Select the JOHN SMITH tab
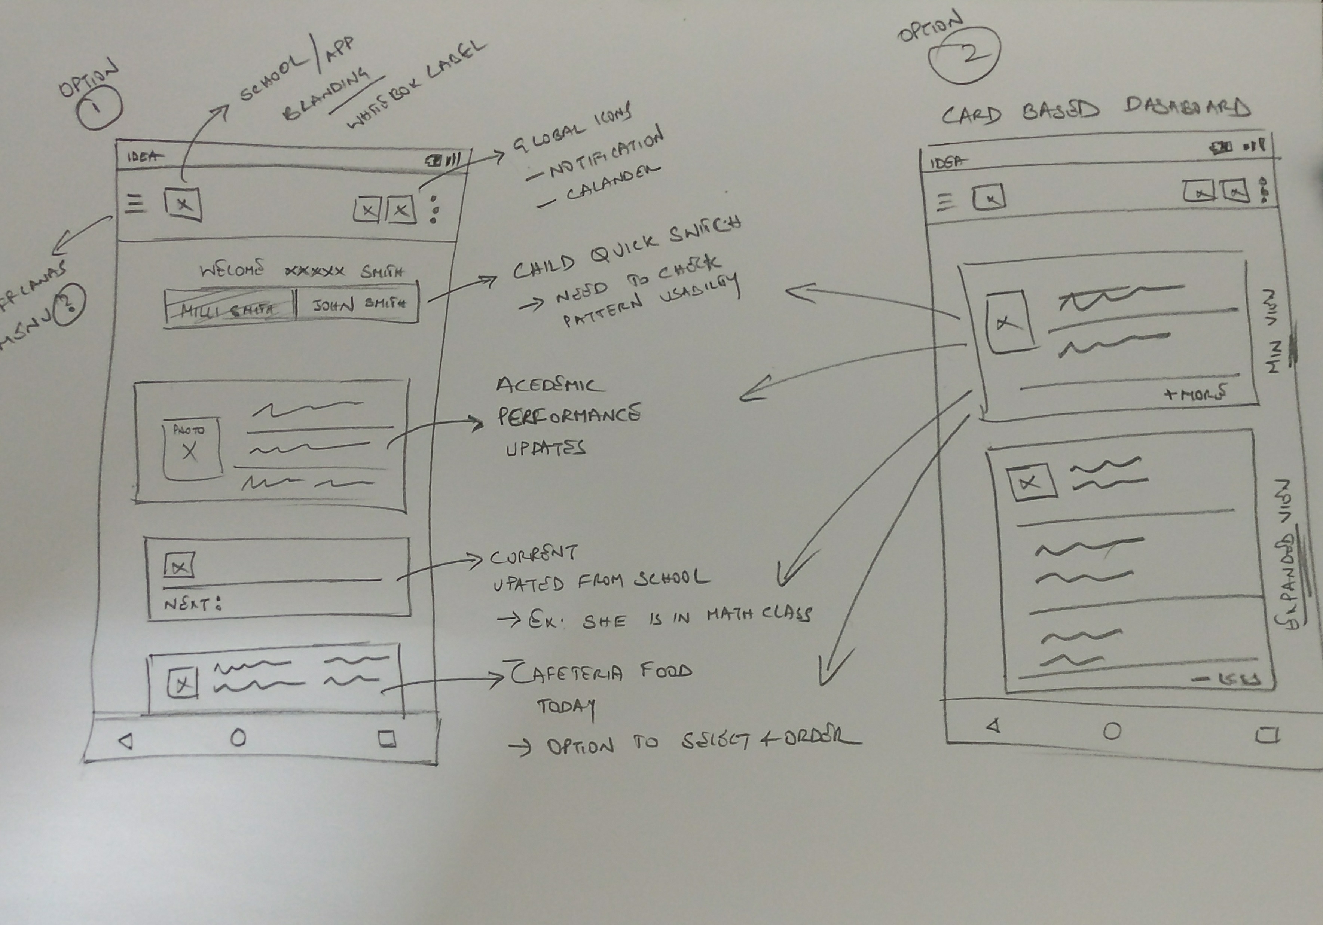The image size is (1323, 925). (358, 304)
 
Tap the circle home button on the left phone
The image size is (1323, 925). (238, 737)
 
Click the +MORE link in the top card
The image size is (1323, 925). (1195, 394)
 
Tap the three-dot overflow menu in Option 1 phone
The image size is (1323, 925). (434, 209)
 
